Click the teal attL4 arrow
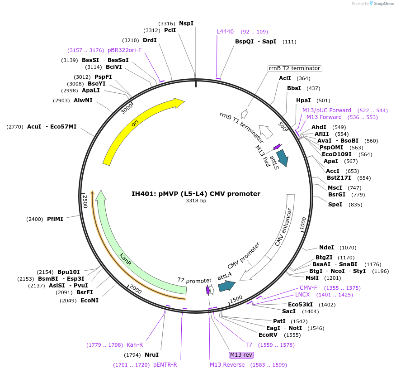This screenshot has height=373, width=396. (x=226, y=286)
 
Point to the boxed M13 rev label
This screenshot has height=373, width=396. (x=241, y=354)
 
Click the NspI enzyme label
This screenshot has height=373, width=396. (x=186, y=23)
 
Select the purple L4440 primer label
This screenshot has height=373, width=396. (x=225, y=32)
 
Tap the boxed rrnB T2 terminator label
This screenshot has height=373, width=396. (x=294, y=68)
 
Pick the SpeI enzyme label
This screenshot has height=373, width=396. (x=335, y=205)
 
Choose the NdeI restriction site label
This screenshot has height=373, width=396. (x=326, y=248)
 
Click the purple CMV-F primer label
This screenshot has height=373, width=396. (x=308, y=288)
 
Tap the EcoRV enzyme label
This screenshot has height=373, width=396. (x=268, y=335)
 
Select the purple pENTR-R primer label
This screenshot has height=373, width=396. (x=165, y=364)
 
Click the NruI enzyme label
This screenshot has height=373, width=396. (x=151, y=355)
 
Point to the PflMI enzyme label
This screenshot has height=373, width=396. (x=55, y=219)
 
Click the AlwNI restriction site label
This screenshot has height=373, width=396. (x=83, y=100)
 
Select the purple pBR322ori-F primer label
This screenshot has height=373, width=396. (x=124, y=50)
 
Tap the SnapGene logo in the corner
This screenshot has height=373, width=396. (x=382, y=4)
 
